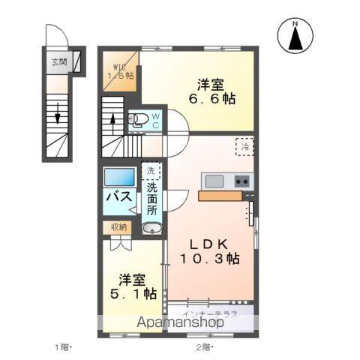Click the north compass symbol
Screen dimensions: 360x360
click(295, 34)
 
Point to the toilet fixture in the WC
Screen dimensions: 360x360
click(139, 118)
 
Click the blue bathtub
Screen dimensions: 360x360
click(119, 178)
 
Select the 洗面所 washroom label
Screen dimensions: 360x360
click(151, 198)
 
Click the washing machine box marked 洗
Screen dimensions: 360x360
click(150, 172)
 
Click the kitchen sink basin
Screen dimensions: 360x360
click(212, 181)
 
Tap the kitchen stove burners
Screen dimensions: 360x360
click(242, 181)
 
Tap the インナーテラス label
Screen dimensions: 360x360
click(214, 314)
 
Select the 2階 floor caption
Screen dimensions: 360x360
click(203, 346)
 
